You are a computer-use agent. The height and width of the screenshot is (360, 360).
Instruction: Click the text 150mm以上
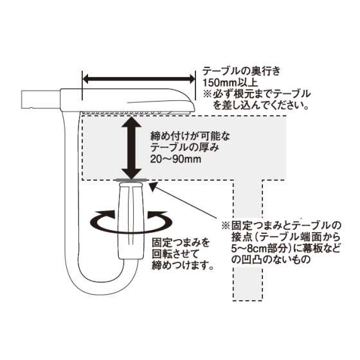coord(230,83)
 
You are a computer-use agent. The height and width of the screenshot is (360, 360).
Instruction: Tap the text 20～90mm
coord(175,159)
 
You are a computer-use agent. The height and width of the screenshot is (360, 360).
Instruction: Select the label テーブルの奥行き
coord(241,71)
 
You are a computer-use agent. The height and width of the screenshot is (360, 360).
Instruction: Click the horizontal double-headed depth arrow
coord(139,80)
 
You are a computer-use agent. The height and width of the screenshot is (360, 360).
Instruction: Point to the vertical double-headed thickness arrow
coord(131,148)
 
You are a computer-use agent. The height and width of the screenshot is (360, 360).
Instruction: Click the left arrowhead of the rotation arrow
coord(107,215)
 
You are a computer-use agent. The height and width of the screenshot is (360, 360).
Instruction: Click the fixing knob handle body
coord(131,221)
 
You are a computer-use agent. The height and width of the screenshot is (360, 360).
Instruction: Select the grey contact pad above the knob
coord(131,180)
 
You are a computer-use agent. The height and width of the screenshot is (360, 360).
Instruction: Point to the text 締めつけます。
coord(182,266)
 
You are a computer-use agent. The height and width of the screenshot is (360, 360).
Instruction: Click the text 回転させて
coord(175,255)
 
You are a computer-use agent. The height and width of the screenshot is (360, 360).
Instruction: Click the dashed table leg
coord(248,240)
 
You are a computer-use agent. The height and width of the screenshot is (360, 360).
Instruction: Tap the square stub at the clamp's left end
coord(41,100)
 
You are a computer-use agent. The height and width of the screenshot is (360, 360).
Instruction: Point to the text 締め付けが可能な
coord(190,137)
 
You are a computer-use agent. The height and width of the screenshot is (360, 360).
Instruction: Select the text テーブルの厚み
coord(184,148)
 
